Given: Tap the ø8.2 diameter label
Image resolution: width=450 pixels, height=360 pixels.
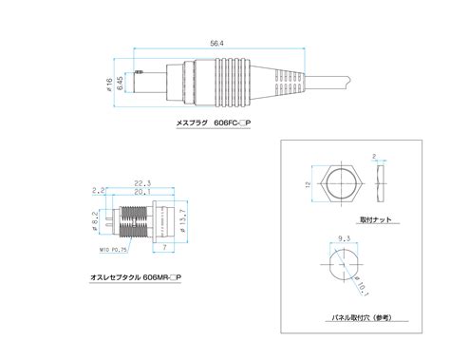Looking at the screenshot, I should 98,224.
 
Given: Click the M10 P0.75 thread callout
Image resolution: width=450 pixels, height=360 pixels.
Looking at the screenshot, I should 112,252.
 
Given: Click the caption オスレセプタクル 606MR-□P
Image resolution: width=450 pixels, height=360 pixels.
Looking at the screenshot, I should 132,276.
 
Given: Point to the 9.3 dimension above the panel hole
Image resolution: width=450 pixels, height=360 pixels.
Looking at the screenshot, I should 343,240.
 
